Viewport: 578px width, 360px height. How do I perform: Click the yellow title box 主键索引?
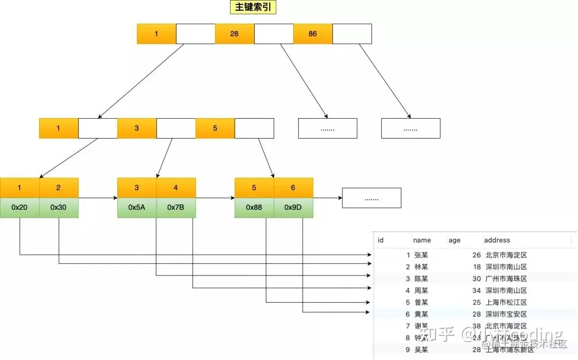pos(253,7)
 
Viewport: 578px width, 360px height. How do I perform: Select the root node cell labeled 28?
pos(234,34)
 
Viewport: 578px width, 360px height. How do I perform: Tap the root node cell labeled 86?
pos(313,34)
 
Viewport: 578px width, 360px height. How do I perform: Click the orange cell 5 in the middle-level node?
pos(215,128)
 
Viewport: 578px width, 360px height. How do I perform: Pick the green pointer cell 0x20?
pos(19,208)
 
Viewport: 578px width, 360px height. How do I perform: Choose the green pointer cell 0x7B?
pos(176,208)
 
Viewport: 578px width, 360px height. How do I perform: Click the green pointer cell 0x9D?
pos(293,208)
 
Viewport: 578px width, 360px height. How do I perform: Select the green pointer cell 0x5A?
pos(136,208)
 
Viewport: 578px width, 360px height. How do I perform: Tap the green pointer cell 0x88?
pos(254,208)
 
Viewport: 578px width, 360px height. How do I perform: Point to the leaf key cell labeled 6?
pos(293,188)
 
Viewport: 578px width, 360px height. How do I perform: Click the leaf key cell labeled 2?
pos(58,188)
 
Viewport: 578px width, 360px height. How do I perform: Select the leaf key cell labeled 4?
pos(176,188)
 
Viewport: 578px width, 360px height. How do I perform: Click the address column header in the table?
pos(497,240)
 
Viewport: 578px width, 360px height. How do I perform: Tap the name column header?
pos(422,240)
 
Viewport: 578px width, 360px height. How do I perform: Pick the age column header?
pos(454,240)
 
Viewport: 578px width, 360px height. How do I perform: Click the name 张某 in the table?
pos(421,255)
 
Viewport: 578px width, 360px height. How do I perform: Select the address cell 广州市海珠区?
pos(506,279)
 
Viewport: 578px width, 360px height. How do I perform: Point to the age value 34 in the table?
pos(476,290)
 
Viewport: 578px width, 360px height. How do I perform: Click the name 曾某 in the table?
pos(421,302)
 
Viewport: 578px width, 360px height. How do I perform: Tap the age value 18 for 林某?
pos(476,267)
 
